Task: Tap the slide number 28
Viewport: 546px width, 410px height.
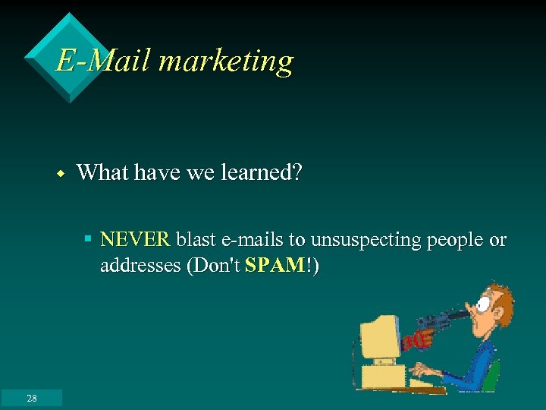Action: (31, 398)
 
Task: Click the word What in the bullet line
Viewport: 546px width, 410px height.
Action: (102, 173)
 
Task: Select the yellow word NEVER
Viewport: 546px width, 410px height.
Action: (135, 240)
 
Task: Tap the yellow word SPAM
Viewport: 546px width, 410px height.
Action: (274, 266)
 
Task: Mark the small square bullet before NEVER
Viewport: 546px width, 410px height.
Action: (88, 239)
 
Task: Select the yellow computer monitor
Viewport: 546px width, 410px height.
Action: (379, 338)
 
